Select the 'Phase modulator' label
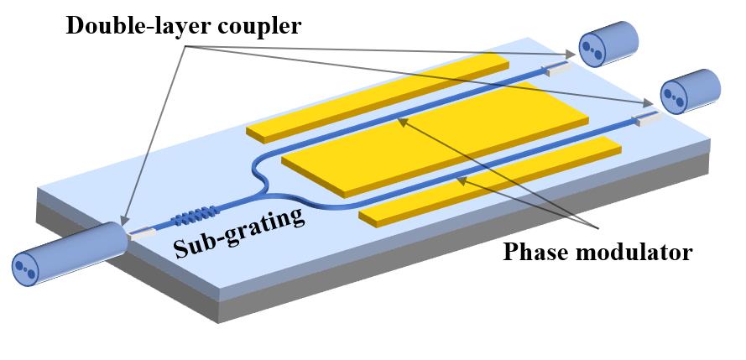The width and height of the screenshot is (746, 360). (x=597, y=252)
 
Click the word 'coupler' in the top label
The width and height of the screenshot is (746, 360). (x=259, y=27)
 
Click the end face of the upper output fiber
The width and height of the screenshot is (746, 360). (x=591, y=49)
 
